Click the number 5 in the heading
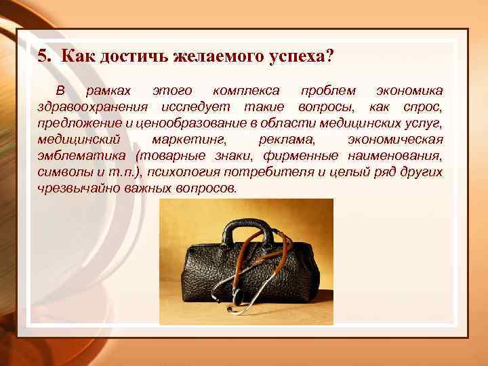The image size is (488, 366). (42, 56)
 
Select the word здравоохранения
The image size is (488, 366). (94, 107)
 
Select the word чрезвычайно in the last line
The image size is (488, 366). (79, 188)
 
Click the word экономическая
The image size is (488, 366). (395, 140)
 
